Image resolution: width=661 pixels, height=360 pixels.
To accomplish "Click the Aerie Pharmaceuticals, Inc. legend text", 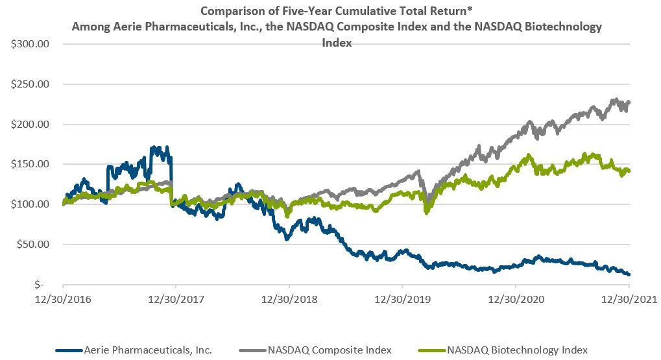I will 148,350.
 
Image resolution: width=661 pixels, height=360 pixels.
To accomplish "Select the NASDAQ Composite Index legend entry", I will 329,350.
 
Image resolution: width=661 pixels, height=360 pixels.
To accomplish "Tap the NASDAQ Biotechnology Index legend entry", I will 518,350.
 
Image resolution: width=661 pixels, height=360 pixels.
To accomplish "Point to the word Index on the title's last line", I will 337,43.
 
